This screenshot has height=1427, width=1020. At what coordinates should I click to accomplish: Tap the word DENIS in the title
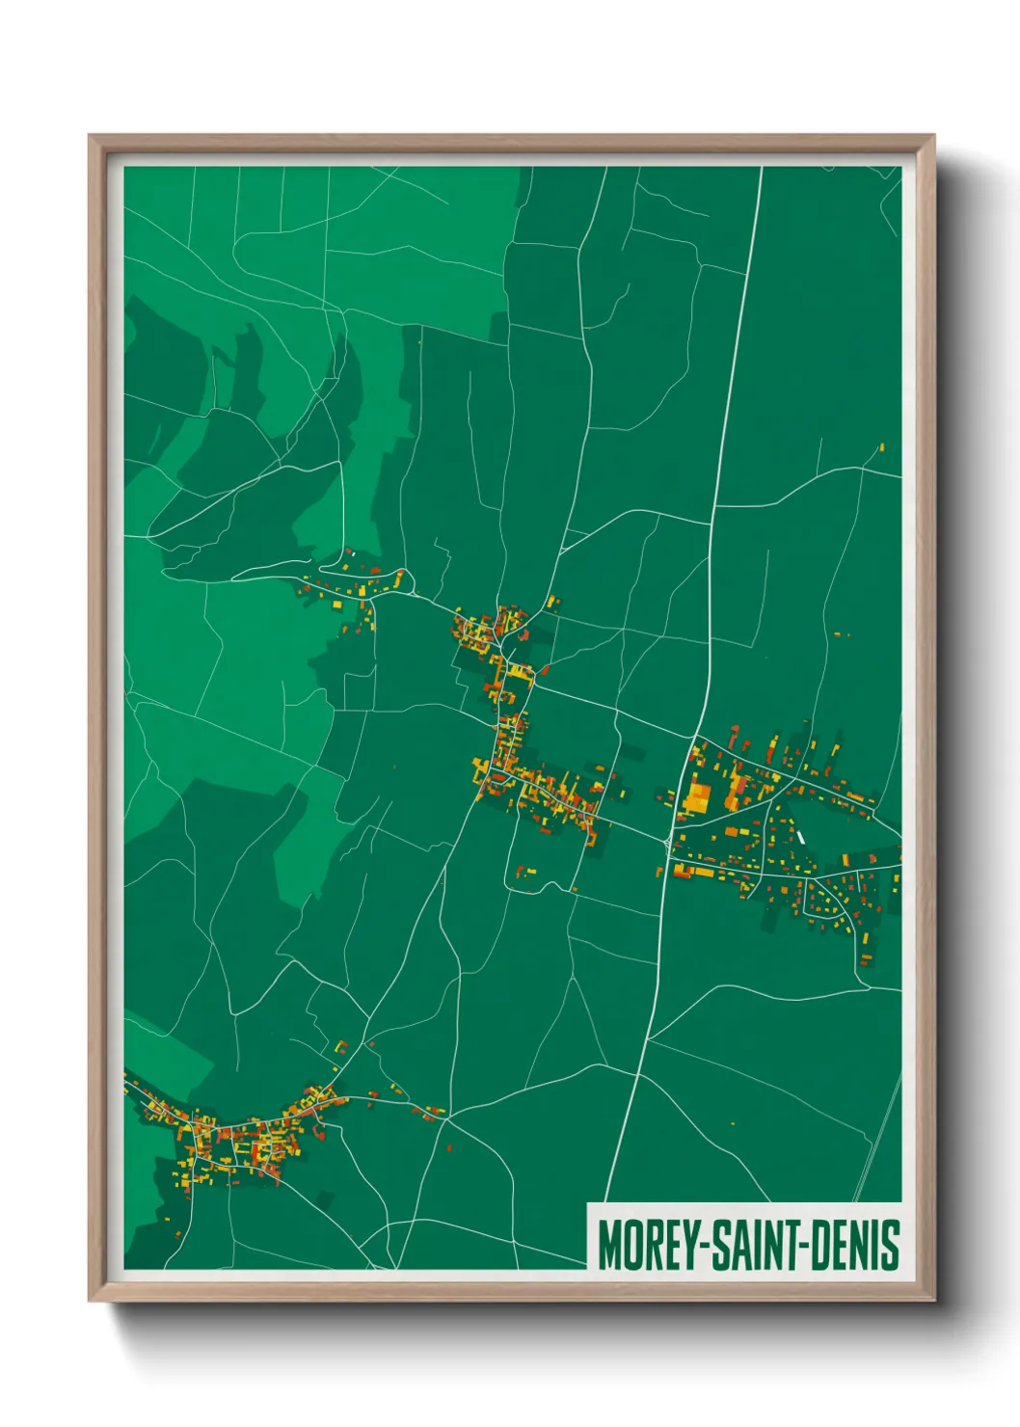[x=854, y=1245]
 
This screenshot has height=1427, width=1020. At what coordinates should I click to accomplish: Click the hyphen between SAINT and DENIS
[x=808, y=1247]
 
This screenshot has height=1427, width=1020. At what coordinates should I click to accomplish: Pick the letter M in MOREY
[x=608, y=1245]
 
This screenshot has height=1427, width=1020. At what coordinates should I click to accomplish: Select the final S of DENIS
[x=892, y=1245]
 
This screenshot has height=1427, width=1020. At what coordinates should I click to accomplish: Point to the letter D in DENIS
[x=822, y=1245]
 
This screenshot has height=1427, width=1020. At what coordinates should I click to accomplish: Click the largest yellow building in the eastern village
[x=696, y=797]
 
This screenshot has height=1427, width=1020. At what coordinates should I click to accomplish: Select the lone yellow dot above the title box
[x=733, y=1123]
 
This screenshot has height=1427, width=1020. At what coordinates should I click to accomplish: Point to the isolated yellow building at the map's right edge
[x=881, y=447]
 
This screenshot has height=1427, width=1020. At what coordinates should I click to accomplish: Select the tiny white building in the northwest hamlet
[x=351, y=552]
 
